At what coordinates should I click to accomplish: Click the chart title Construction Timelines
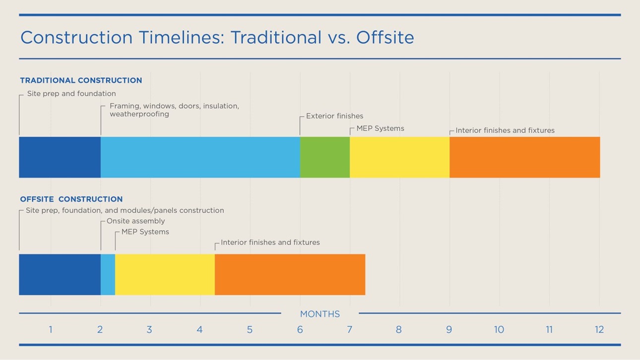(x=217, y=38)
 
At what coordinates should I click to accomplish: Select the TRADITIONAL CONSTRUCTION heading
(x=81, y=80)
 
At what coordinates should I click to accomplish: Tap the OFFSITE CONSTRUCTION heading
(x=71, y=199)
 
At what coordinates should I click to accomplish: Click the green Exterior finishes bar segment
(x=324, y=157)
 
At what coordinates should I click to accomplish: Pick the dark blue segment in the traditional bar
(x=60, y=157)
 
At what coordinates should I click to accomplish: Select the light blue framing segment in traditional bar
(x=200, y=157)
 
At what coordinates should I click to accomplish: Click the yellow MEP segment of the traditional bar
(x=399, y=157)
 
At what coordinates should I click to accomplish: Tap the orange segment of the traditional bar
(x=524, y=157)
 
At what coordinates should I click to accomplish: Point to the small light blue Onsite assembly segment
(x=108, y=275)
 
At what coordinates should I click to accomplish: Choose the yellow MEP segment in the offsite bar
(x=165, y=275)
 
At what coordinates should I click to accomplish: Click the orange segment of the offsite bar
(x=290, y=275)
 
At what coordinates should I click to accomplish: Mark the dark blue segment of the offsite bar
(x=60, y=275)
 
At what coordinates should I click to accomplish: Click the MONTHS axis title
(x=320, y=314)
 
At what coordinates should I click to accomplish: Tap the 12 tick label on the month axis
(x=599, y=330)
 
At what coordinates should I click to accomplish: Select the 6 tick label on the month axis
(x=300, y=330)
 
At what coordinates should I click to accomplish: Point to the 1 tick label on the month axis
(x=51, y=330)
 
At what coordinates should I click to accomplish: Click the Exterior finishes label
(x=334, y=116)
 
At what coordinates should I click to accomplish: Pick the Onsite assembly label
(x=135, y=221)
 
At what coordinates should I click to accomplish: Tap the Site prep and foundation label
(x=71, y=94)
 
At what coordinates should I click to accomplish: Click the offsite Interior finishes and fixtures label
(x=270, y=242)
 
